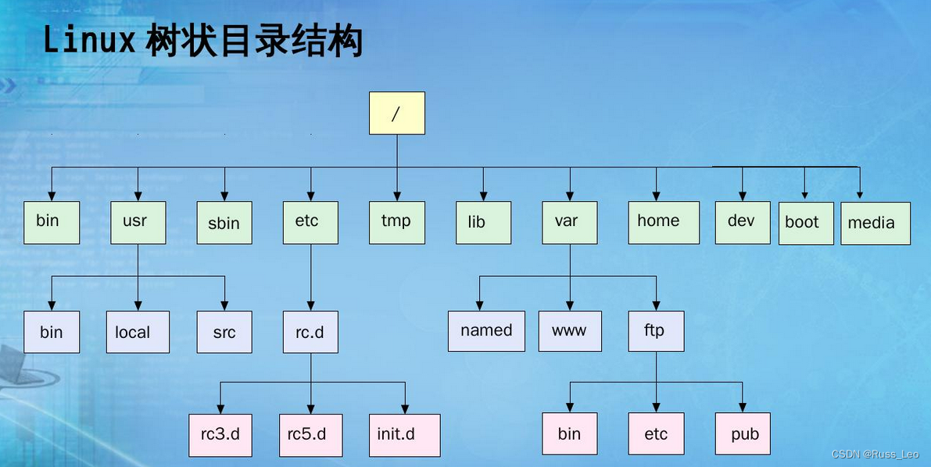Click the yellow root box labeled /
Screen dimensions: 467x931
[x=396, y=113]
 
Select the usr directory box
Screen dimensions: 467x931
[x=138, y=222]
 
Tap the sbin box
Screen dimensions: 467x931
[x=224, y=223]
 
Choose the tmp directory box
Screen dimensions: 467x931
[x=397, y=222]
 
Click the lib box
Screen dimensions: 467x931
[x=483, y=223]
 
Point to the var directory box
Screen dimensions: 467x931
[x=570, y=222]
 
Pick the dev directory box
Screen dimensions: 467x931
[x=743, y=222]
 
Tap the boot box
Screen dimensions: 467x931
[x=805, y=223]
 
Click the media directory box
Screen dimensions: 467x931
[x=875, y=223]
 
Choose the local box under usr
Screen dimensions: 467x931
[x=138, y=332]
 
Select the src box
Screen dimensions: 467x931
[x=224, y=332]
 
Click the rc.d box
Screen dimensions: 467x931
[x=310, y=332]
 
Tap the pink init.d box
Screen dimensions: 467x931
[x=404, y=435]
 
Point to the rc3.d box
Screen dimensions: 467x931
[x=220, y=435]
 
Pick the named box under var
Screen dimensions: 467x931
[x=486, y=331]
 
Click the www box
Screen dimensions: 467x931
[x=570, y=331]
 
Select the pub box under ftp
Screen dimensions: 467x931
[x=743, y=434]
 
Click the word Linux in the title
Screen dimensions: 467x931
[x=89, y=41]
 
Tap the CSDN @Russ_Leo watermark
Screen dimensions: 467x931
[x=875, y=454]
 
